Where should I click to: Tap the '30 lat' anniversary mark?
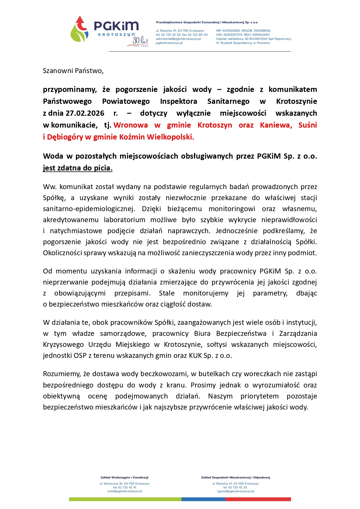pos(140,41)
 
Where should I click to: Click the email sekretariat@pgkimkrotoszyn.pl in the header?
pos(178,39)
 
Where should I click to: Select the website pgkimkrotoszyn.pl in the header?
pos(169,43)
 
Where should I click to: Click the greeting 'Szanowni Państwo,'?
pos(73,71)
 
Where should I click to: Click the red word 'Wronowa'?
pos(131,125)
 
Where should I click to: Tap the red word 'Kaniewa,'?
pos(276,125)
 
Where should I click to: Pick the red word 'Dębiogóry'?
pos(65,137)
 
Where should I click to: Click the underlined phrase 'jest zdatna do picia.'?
pos(77,168)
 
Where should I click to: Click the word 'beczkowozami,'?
pos(164,374)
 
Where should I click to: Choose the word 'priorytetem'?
pos(259,396)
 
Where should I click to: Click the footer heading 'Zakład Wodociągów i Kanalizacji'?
pos(124,477)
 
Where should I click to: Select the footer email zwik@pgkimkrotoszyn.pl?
pos(124,491)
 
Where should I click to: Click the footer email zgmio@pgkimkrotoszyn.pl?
pos(235,491)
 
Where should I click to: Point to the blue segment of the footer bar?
pos(203,499)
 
